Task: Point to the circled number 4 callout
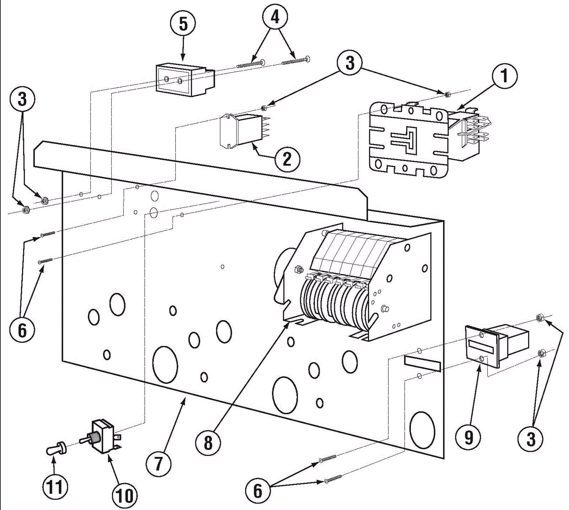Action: tap(275, 16)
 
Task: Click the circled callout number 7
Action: tap(158, 463)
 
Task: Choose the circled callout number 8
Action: tap(208, 443)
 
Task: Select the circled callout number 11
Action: tap(55, 487)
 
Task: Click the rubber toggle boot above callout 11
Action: tap(56, 448)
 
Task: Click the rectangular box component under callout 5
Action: tap(185, 80)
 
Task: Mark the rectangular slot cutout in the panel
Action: tap(422, 363)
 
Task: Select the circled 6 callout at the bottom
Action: tap(257, 491)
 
